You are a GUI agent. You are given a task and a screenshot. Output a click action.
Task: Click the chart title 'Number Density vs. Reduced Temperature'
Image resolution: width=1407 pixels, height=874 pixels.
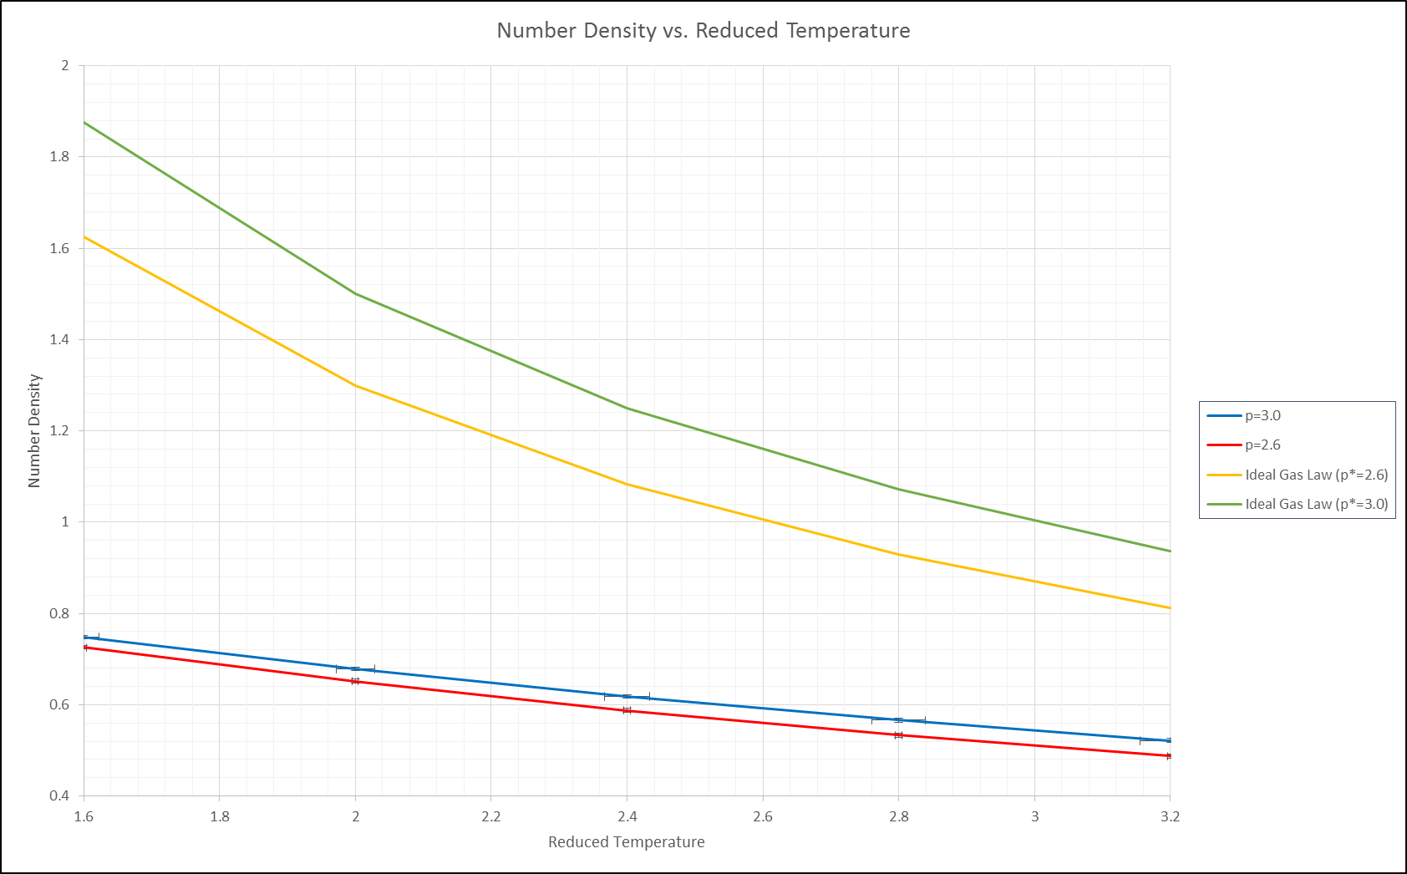[x=703, y=31]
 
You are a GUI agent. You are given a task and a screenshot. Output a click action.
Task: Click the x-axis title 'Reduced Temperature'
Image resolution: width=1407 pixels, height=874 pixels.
[x=626, y=842]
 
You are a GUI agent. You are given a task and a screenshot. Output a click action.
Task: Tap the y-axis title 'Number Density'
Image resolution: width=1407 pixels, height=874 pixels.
[x=34, y=430]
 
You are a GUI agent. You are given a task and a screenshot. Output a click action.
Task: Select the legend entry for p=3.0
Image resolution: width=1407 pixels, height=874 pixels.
[x=1262, y=416]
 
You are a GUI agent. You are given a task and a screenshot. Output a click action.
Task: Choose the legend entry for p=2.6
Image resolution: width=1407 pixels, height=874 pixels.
[x=1262, y=445]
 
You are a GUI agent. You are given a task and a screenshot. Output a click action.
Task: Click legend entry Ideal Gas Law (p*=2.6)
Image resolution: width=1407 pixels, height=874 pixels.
[x=1316, y=475]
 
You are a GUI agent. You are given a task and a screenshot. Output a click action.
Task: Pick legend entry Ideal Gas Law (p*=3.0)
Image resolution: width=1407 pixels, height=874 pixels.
[x=1316, y=505]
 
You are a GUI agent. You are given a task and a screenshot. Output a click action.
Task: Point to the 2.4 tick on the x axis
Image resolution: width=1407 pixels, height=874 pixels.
[x=627, y=816]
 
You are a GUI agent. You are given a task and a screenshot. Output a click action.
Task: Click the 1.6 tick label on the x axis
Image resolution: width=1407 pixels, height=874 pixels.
[x=84, y=816]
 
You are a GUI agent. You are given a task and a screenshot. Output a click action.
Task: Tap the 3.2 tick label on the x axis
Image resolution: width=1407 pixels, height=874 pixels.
[x=1170, y=816]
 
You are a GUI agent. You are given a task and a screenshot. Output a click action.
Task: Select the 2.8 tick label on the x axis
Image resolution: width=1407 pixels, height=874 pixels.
[x=898, y=816]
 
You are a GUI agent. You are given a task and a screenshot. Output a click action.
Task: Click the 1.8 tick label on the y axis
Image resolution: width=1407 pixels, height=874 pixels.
[x=59, y=157]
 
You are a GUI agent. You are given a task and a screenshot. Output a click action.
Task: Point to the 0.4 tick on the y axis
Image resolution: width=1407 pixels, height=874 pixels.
[x=59, y=795]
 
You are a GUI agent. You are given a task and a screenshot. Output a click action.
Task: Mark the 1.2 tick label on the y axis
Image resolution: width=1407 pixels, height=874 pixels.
[x=59, y=431]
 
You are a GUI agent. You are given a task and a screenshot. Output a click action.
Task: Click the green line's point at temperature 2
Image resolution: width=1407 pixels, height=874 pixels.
[x=355, y=293]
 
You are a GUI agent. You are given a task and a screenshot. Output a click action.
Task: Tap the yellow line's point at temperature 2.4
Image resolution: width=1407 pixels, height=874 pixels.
[x=627, y=484]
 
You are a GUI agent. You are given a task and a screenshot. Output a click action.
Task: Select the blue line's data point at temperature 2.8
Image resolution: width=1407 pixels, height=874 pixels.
[x=898, y=720]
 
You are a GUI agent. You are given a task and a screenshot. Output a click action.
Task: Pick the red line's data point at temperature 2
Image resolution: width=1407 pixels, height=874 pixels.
[x=355, y=682]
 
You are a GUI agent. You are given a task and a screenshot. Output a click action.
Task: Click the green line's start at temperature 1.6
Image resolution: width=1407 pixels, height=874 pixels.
[x=84, y=123]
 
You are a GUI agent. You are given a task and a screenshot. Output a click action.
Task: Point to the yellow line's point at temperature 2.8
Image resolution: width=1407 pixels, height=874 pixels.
[x=898, y=554]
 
